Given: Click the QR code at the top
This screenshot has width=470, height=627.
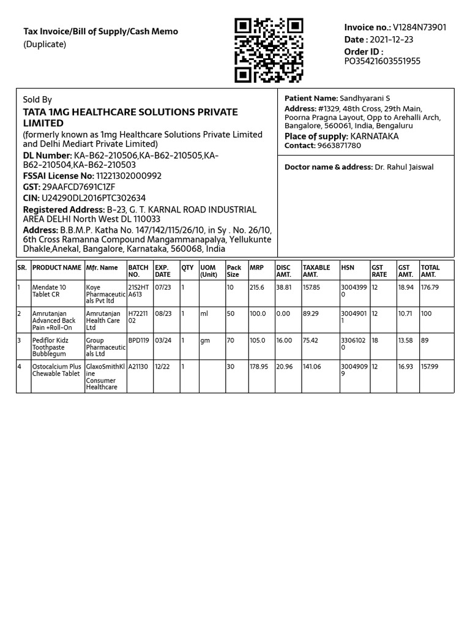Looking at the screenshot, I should click(269, 50).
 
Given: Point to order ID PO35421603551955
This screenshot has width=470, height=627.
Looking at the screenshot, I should click(382, 61).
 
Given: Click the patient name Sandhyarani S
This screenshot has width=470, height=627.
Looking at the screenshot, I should click(365, 99).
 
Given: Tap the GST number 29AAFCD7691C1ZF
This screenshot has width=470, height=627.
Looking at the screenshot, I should click(78, 187).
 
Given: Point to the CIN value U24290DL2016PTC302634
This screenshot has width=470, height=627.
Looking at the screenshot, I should click(93, 198).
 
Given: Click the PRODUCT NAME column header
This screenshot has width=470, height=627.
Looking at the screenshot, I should click(57, 268).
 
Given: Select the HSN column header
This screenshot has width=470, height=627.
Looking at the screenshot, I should click(348, 268).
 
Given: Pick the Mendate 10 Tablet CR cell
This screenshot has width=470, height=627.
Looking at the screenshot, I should click(50, 291).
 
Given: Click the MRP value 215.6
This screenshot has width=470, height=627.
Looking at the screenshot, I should click(256, 287).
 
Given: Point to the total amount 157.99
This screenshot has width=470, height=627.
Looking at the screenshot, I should click(430, 367).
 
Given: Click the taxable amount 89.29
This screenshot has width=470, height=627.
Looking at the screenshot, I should click(311, 313).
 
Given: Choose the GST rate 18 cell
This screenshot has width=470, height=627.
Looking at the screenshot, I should click(375, 340).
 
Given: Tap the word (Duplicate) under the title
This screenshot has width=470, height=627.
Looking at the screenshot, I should click(45, 44).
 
